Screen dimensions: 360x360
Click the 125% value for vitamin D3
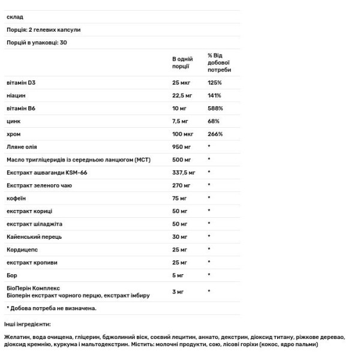[214, 83]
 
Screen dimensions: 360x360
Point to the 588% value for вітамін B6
[215, 109]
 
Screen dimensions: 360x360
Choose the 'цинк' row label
[14, 122]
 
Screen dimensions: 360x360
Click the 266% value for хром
[215, 134]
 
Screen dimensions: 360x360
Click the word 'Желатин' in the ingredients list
[17, 338]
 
